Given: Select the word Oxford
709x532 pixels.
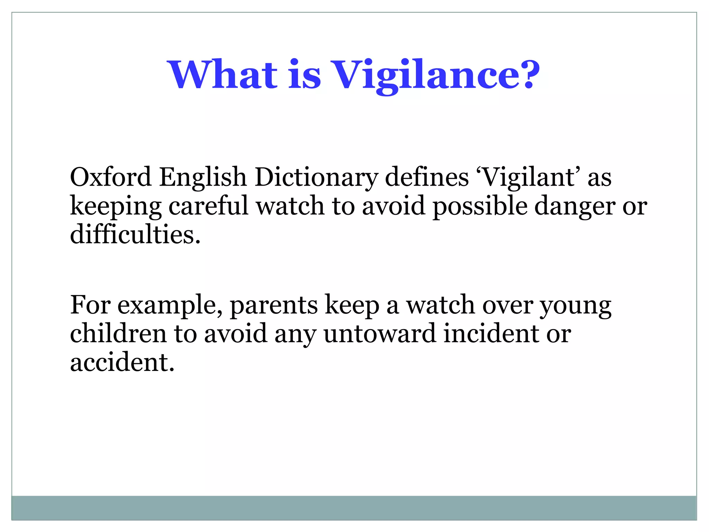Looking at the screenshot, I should (110, 177).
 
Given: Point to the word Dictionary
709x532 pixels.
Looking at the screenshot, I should (316, 178).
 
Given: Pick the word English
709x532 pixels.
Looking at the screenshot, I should (203, 178).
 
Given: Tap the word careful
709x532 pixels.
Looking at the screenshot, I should (208, 206).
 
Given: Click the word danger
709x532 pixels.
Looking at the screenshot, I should (575, 206).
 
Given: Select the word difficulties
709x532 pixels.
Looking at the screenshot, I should (135, 234).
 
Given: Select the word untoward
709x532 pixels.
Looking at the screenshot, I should (379, 333).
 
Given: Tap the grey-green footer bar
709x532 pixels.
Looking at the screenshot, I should (354, 508).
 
